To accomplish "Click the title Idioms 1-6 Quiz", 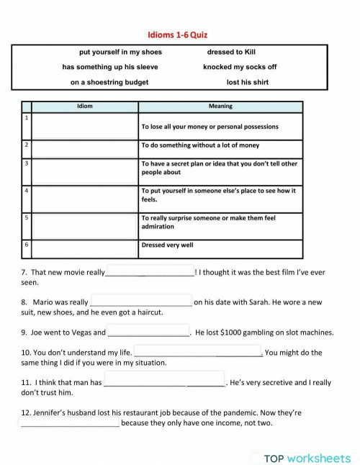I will pos(179,34).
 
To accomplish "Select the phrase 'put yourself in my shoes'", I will pos(120,52).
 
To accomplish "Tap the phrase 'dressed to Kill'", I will pos(231,52).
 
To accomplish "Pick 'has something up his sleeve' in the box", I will pos(110,67).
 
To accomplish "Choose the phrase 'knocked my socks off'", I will pos(240,67).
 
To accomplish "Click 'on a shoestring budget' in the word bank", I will pos(109,82).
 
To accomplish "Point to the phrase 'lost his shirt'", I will pos(247,82).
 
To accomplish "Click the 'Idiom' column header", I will pos(84,107).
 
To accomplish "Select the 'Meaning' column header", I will pos(220,107).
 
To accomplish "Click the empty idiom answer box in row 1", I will pos(85,126).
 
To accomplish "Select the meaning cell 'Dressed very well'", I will pos(167,245).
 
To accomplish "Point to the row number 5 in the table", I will pos(27,217).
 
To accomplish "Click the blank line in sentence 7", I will pos(150,273).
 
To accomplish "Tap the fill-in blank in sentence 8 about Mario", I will pos(141,302).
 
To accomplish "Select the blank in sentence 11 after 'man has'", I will pos(164,383).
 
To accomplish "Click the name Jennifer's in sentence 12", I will pos(44,413).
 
